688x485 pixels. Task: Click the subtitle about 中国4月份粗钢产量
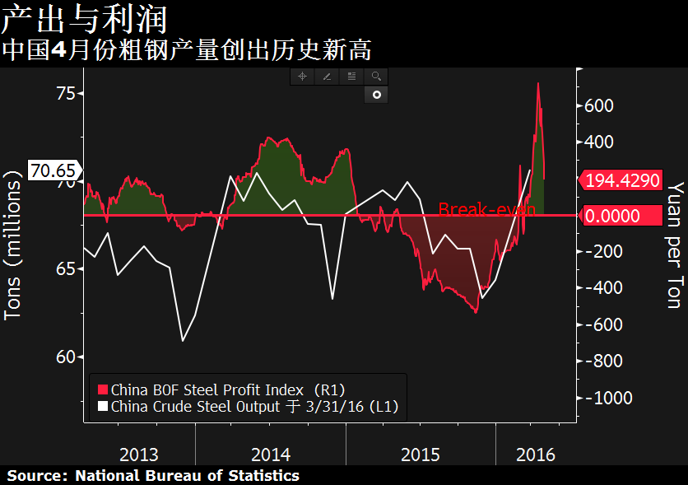click(x=186, y=50)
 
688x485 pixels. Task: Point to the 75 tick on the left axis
click(x=64, y=94)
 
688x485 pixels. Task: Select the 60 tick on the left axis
click(x=64, y=357)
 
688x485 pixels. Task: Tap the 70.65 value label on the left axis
click(x=53, y=171)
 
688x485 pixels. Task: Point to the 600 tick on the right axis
click(x=599, y=105)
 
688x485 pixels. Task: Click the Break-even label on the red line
click(x=486, y=209)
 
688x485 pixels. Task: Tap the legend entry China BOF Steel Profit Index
click(x=227, y=389)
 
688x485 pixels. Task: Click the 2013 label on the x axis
click(x=139, y=454)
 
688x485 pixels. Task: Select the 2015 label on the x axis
click(x=421, y=454)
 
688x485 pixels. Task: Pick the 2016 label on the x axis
click(x=535, y=454)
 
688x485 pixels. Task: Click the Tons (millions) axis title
click(x=13, y=246)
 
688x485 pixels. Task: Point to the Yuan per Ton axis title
click(x=674, y=246)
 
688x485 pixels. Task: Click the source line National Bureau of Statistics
click(x=153, y=476)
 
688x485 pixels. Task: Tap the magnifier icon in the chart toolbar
click(x=376, y=77)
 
